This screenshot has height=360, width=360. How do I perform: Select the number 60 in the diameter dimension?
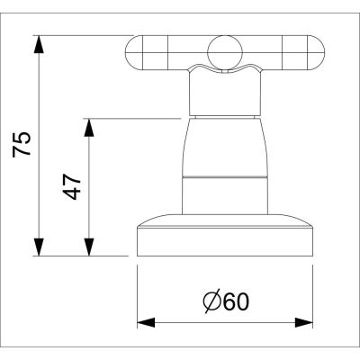[233, 301]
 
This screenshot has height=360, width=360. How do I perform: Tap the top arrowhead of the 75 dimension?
[40, 41]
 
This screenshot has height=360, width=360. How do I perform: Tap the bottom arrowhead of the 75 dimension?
[40, 249]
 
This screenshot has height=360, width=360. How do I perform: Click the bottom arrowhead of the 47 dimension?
[88, 249]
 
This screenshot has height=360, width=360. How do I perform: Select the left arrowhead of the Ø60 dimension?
[143, 321]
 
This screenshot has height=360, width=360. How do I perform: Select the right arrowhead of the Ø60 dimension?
[310, 321]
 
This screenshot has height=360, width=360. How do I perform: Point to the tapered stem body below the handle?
[225, 144]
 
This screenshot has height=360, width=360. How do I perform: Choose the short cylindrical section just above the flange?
[225, 195]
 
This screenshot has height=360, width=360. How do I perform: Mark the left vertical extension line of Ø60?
[137, 288]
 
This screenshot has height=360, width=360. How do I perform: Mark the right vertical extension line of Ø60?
[317, 288]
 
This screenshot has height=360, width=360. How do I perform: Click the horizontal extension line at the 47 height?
[135, 118]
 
